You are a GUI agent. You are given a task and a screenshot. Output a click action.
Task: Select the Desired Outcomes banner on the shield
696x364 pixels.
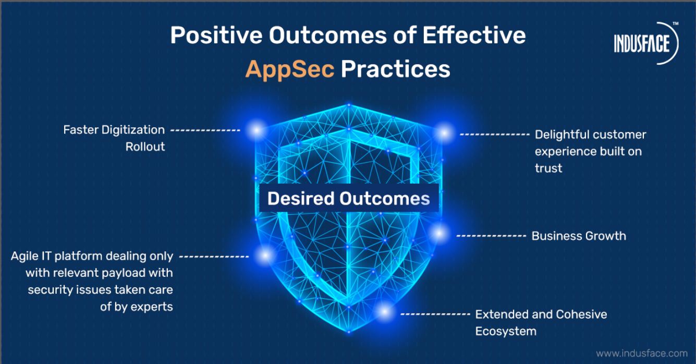point(349,198)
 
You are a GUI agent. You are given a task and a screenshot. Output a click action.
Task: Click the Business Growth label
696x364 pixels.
point(579,236)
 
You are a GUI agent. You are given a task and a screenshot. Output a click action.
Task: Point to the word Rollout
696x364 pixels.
point(145,147)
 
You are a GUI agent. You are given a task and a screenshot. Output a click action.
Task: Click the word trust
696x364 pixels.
point(548,168)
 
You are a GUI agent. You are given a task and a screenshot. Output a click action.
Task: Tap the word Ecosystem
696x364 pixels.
point(506,331)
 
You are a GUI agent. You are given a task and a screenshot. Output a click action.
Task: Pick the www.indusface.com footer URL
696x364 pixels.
point(642,354)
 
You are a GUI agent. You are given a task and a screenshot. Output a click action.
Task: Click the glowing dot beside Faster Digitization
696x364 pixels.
point(257,130)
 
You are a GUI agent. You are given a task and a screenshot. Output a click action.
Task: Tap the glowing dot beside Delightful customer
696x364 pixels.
point(445,134)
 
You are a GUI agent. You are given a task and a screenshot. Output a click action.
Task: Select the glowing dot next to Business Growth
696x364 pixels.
point(439,233)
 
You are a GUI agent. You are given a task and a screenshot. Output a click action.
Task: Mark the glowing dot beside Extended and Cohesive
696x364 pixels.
point(385,311)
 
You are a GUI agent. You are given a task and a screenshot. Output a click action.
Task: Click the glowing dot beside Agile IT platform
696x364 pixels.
point(265,256)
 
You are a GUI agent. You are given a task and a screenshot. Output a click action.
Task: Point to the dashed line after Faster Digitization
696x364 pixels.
point(205,130)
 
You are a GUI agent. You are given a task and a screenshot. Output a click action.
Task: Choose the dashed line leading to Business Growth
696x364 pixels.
point(491,236)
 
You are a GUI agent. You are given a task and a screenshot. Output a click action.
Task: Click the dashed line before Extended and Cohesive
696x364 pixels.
point(435,314)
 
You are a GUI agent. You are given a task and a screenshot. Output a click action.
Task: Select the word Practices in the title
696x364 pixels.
point(396,69)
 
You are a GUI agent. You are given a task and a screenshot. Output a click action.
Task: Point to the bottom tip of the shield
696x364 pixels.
point(349,332)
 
